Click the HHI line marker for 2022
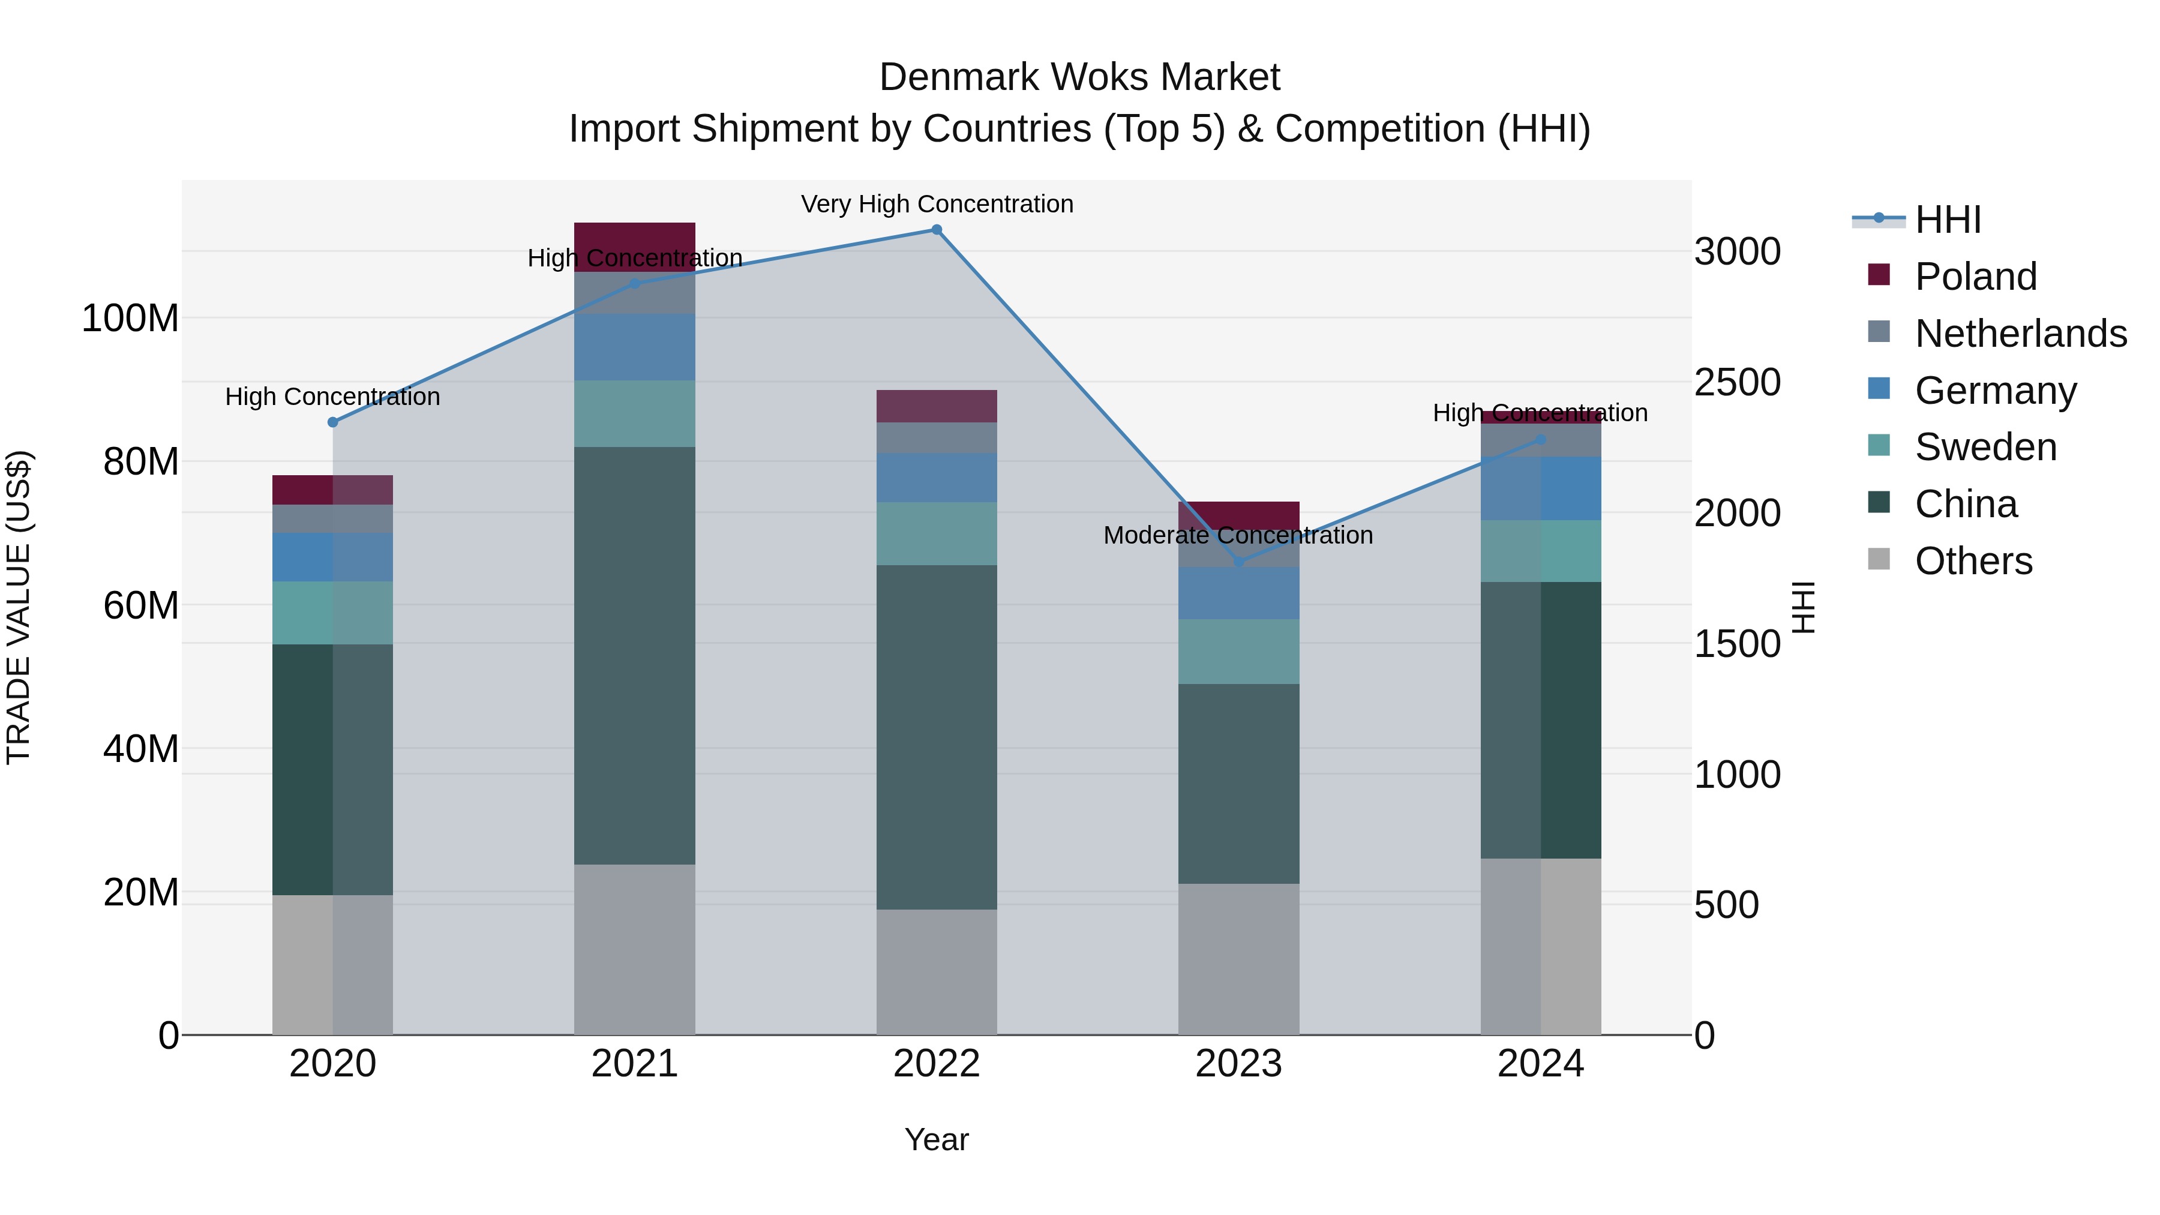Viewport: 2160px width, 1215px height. [937, 230]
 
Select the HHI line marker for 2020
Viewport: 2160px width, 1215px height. [333, 422]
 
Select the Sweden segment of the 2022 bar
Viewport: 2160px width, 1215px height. [937, 533]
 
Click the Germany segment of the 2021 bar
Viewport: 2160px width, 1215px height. [635, 347]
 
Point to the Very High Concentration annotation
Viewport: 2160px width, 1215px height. [937, 205]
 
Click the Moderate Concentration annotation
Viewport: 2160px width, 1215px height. [1238, 535]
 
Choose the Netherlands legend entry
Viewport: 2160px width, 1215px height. [2020, 334]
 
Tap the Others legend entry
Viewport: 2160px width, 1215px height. [1973, 561]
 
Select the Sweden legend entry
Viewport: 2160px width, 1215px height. [1985, 447]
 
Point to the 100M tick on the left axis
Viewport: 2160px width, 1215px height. [130, 319]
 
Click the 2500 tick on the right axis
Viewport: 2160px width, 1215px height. [1736, 382]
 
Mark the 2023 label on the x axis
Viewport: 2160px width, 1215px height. [1238, 1064]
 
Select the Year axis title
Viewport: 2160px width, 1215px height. [937, 1139]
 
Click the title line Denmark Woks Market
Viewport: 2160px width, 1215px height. [1079, 77]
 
